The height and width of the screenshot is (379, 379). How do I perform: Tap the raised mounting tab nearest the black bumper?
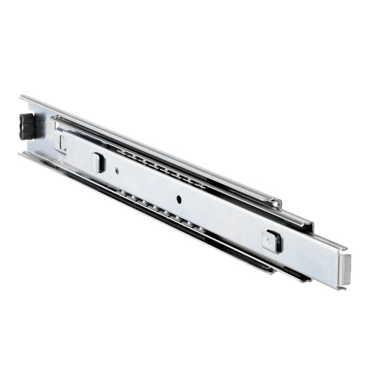pyautogui.click(x=98, y=162)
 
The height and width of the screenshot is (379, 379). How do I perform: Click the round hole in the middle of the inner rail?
pyautogui.click(x=178, y=198)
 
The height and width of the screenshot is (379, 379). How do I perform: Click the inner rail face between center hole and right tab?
pyautogui.click(x=222, y=217)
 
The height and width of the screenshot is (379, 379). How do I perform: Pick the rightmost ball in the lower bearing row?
pyautogui.click(x=201, y=228)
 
